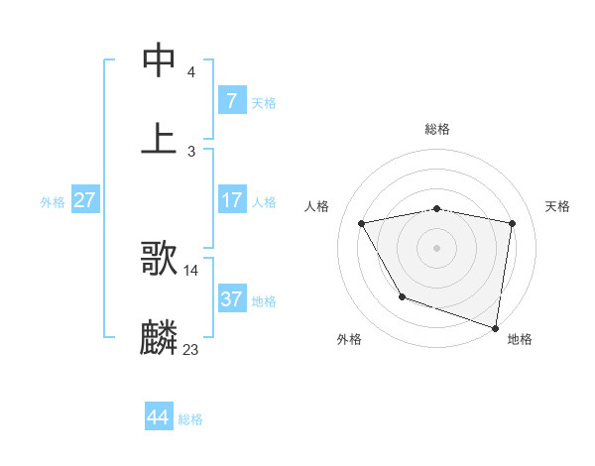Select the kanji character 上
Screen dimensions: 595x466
click(160, 137)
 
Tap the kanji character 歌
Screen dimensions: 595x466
click(160, 258)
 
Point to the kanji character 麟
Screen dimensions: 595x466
click(160, 337)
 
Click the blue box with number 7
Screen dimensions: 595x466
click(231, 101)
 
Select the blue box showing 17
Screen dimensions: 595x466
click(231, 200)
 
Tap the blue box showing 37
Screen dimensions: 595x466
click(231, 299)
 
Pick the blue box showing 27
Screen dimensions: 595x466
click(84, 200)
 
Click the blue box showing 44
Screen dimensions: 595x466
click(158, 417)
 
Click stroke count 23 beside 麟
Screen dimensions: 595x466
click(191, 349)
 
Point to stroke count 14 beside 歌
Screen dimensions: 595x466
click(191, 270)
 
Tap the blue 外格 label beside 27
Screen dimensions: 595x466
click(53, 202)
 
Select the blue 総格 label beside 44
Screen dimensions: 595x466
click(190, 419)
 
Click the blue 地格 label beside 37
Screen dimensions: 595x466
click(264, 301)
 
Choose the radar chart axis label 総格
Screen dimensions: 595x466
click(437, 129)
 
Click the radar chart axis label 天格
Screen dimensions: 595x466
click(557, 206)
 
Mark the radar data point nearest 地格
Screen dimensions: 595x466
click(495, 326)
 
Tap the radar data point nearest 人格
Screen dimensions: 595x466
click(362, 223)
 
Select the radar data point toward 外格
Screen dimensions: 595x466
click(402, 295)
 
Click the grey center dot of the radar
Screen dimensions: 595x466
click(437, 247)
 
